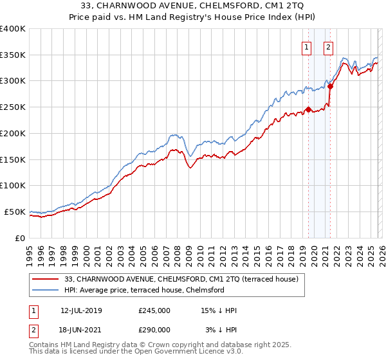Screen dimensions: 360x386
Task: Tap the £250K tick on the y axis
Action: [13, 107]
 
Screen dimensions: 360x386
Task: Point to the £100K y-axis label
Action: [13, 185]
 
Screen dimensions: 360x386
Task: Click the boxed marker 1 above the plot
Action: [306, 46]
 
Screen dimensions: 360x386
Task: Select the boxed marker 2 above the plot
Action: [328, 46]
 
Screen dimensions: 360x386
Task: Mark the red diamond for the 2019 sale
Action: [308, 109]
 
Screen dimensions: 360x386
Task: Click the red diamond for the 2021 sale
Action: [330, 85]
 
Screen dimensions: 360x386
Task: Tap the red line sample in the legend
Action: [46, 280]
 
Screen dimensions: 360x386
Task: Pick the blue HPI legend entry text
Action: [144, 291]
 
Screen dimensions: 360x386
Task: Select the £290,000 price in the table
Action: [154, 329]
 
